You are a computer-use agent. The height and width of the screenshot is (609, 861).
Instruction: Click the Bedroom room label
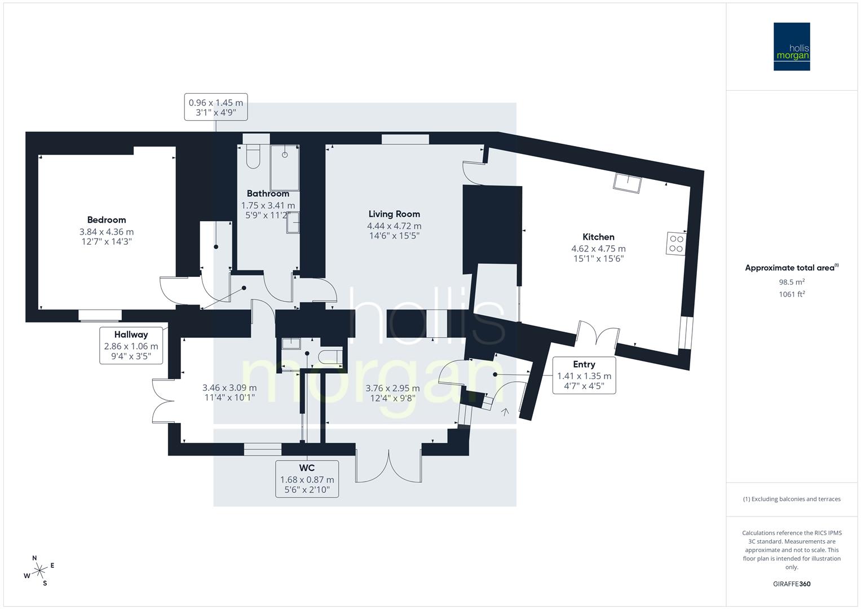click(x=107, y=220)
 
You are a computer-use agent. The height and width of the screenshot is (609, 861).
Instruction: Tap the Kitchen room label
click(x=598, y=237)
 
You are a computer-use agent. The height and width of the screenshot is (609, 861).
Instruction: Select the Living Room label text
click(x=394, y=214)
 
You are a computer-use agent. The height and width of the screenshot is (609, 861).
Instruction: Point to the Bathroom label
click(x=268, y=193)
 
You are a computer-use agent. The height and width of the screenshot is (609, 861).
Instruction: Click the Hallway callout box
click(x=131, y=346)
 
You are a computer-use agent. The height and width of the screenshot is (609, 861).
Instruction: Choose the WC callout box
click(x=307, y=479)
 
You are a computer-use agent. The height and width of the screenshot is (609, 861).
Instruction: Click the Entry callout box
click(x=584, y=375)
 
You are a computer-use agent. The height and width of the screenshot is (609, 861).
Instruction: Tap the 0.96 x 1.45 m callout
click(x=216, y=107)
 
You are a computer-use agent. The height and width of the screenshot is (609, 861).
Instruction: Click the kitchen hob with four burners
click(x=675, y=242)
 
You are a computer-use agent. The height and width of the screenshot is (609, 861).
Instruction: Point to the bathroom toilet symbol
click(x=253, y=156)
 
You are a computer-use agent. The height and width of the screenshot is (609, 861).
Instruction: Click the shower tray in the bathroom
click(x=285, y=167)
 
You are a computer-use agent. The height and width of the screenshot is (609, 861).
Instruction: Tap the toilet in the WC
click(x=330, y=356)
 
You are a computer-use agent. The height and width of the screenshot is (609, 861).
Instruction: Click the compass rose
click(x=39, y=571)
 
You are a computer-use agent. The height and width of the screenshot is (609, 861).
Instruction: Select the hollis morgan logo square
click(x=792, y=46)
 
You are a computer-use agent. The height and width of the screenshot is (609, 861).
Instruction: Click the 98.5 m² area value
click(x=792, y=282)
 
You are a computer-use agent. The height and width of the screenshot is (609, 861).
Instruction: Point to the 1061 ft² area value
click(x=792, y=294)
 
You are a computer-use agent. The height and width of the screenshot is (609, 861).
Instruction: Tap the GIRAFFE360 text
click(x=792, y=584)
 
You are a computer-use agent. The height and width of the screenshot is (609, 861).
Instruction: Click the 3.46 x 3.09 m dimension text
click(x=229, y=388)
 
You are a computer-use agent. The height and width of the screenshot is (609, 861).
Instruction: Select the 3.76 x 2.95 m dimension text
click(x=392, y=388)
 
